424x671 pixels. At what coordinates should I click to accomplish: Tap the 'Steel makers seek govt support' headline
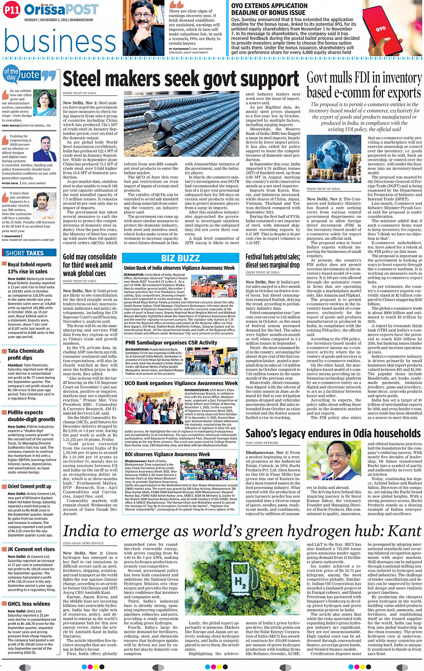[x=181, y=79]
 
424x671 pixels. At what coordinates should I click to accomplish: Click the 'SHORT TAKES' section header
[x=25, y=253]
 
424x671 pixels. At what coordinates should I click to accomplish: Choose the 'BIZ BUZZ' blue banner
[x=180, y=258]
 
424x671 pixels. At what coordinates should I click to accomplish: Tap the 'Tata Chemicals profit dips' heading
[x=26, y=354]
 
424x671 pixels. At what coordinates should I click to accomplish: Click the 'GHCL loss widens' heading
[x=29, y=603]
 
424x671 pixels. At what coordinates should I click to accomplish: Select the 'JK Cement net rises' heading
[x=31, y=549]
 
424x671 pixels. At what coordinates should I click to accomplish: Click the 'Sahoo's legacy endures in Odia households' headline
[x=333, y=433]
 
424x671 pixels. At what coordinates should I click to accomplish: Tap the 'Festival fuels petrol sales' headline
[x=272, y=260]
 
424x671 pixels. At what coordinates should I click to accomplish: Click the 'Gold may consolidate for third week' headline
[x=90, y=265]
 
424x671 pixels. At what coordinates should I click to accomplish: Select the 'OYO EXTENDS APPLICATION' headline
[x=269, y=9]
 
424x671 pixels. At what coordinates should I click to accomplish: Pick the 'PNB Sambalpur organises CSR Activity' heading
[x=171, y=342]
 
